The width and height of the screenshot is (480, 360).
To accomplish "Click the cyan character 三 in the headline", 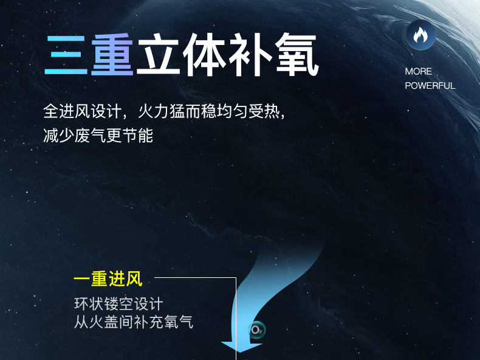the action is click(x=66, y=55).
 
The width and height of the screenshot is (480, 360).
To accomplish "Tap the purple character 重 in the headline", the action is click(x=112, y=55).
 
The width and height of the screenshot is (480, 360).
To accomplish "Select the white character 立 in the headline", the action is click(x=158, y=55).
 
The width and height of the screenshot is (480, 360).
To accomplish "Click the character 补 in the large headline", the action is click(x=250, y=55).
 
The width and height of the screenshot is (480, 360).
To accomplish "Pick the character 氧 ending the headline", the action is click(x=297, y=55).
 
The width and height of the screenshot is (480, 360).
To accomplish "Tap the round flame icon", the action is click(x=421, y=35).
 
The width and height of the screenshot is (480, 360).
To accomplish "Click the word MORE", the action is click(x=419, y=72).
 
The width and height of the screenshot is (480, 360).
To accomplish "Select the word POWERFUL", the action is click(x=430, y=86).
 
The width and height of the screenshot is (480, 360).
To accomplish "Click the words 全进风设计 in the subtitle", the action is click(x=83, y=111).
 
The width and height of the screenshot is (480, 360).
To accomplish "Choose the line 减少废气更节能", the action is click(x=98, y=135).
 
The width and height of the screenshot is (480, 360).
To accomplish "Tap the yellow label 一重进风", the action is click(x=108, y=279).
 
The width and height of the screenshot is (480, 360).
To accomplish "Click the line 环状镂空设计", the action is click(x=118, y=304).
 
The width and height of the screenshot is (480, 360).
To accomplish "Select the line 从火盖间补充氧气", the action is click(x=134, y=322).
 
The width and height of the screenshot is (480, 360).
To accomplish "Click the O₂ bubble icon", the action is click(x=256, y=330).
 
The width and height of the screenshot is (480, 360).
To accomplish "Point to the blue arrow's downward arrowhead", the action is click(x=242, y=347).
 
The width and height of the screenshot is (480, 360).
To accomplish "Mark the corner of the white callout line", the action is click(x=236, y=277).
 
